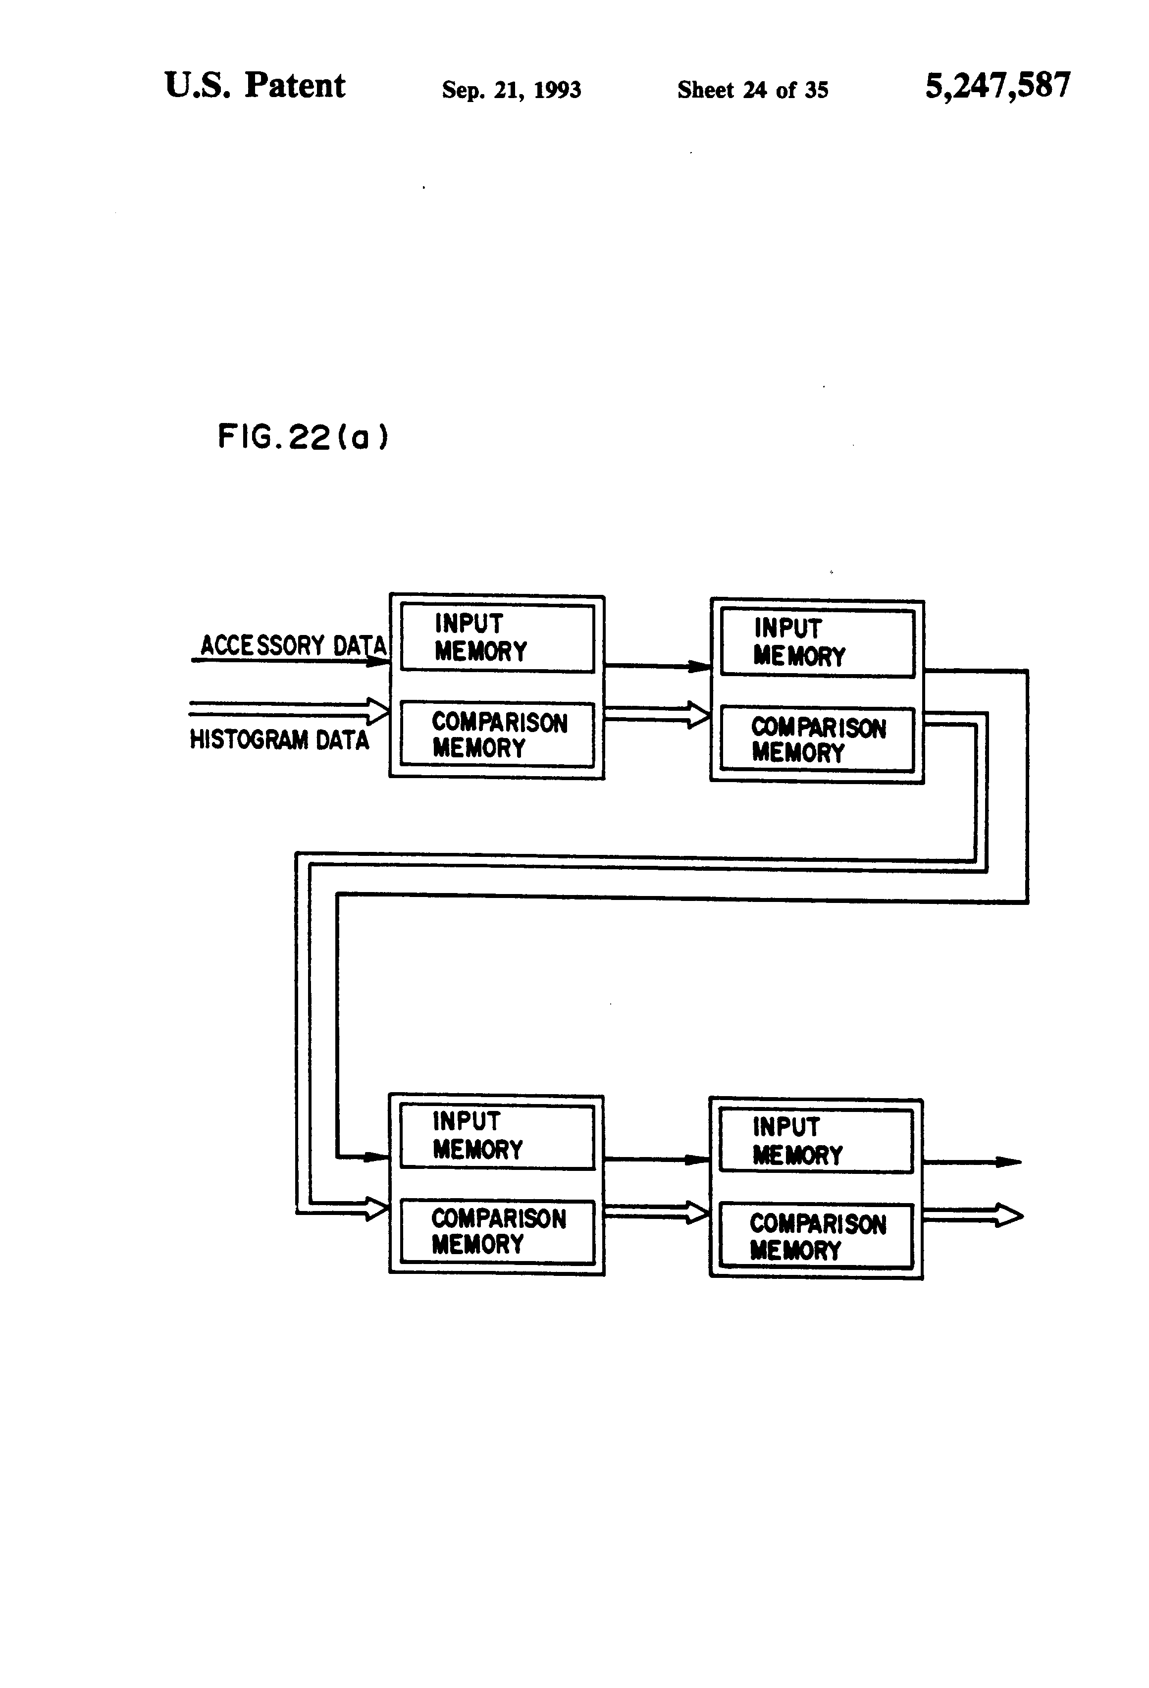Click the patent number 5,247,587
click(x=997, y=86)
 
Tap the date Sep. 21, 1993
click(x=511, y=90)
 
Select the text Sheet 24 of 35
click(x=752, y=90)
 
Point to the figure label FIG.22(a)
click(x=303, y=437)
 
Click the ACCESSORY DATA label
click(x=293, y=645)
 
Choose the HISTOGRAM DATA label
click(x=280, y=739)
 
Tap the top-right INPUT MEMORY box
click(x=817, y=643)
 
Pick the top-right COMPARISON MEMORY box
click(x=817, y=738)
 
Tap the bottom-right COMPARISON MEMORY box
click(x=816, y=1237)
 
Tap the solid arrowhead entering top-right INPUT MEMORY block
click(x=699, y=667)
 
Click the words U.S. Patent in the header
click(x=255, y=86)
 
